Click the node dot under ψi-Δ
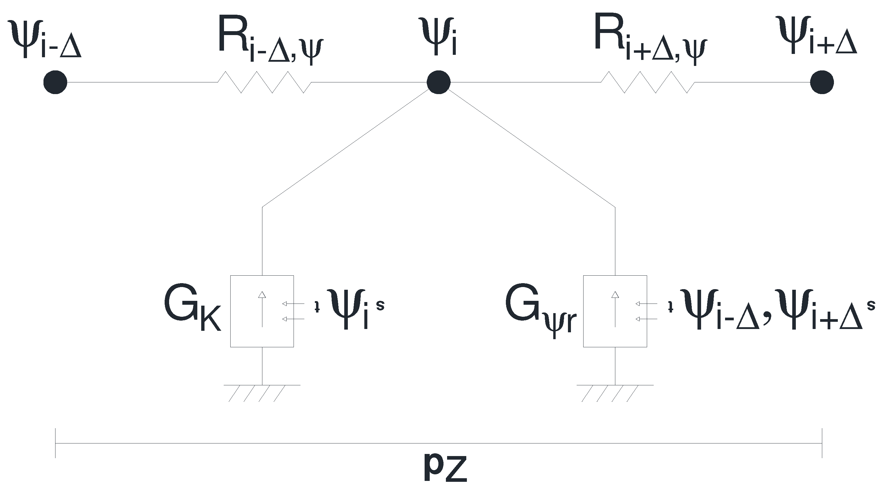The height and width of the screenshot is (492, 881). click(55, 82)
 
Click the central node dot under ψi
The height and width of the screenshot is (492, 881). click(438, 82)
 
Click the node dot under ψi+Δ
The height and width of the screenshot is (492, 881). click(822, 82)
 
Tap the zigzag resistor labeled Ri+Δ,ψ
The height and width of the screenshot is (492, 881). click(648, 82)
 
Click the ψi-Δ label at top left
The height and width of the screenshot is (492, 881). click(44, 39)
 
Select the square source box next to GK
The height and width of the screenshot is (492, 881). click(262, 311)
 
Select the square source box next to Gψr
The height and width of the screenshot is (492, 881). click(615, 311)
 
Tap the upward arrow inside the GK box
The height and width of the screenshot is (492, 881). click(262, 309)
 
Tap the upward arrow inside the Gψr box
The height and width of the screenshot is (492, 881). click(615, 309)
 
